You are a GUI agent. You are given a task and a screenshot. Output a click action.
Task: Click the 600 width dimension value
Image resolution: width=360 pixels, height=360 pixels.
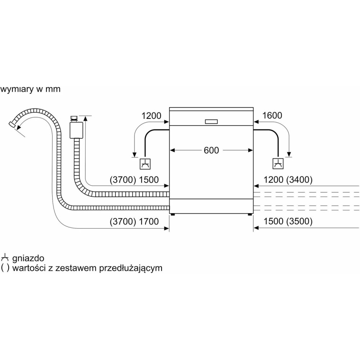[x=211, y=150]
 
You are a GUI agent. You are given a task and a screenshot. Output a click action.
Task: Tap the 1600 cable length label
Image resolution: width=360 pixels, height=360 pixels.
[x=273, y=116]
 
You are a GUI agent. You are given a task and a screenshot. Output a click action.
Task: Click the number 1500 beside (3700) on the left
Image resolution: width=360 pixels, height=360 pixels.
[x=149, y=180]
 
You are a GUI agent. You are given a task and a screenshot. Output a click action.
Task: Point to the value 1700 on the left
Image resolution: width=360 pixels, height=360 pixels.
[x=149, y=222]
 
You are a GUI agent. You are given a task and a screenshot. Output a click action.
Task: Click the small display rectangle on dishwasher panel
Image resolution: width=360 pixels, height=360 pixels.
[x=211, y=121]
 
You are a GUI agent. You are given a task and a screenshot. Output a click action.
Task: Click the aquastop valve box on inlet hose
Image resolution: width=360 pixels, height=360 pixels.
[x=76, y=130]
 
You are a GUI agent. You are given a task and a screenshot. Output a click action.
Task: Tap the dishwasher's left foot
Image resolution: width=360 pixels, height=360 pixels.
[x=173, y=215]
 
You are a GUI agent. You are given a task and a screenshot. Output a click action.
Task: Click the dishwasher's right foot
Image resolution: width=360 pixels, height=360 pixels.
[x=249, y=215]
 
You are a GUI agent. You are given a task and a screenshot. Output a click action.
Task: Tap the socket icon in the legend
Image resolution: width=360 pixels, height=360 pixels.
[x=5, y=258]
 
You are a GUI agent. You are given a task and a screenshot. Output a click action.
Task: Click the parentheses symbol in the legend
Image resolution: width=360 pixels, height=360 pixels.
[x=5, y=268]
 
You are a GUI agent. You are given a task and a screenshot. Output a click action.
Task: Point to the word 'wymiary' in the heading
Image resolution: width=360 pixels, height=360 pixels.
[x=16, y=89]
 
